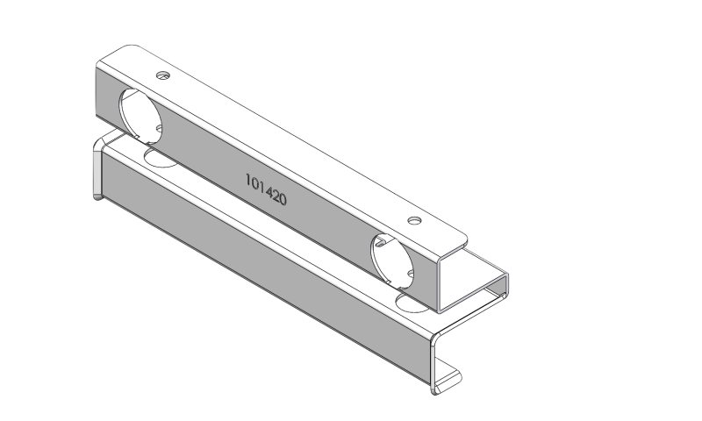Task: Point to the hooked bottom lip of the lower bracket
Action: tap(448, 377)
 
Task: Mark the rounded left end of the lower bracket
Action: tap(97, 171)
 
